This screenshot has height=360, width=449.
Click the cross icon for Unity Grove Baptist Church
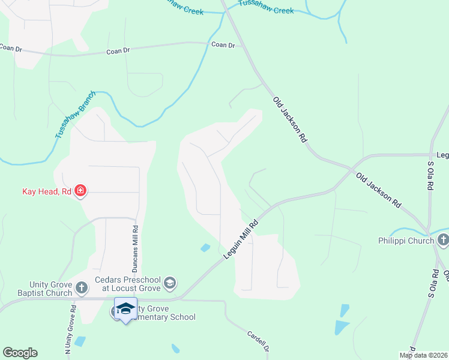click(x=82, y=289)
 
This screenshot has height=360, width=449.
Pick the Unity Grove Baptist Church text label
click(x=51, y=289)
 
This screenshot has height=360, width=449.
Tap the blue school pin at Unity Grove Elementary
click(x=125, y=309)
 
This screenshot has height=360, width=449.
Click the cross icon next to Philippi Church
click(x=442, y=241)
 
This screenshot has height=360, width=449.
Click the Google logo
click(x=20, y=353)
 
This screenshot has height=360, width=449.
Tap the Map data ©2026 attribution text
click(x=423, y=355)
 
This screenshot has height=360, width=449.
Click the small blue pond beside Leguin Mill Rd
click(x=205, y=247)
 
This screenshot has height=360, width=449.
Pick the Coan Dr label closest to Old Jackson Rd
click(x=222, y=44)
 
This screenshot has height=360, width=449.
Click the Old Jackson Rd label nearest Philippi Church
click(x=378, y=191)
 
